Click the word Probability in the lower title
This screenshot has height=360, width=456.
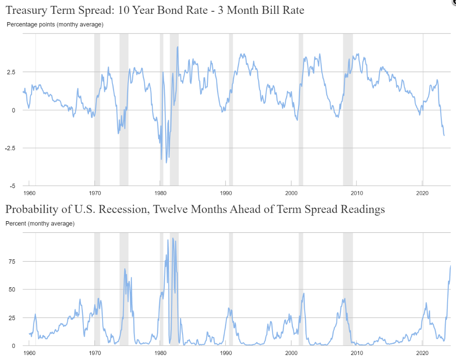[31, 209]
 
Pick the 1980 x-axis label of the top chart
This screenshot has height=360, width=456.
[160, 193]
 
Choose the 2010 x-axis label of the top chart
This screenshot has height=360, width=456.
[357, 193]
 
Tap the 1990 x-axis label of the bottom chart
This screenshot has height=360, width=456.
[226, 353]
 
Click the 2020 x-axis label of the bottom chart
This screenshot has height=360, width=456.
[423, 353]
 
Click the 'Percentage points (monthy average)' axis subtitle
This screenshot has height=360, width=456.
[55, 25]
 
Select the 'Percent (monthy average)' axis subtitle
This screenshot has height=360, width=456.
[40, 224]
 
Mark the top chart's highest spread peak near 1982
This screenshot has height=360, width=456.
[177, 47]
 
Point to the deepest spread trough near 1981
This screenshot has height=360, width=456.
[166, 162]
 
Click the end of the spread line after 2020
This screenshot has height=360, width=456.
[444, 135]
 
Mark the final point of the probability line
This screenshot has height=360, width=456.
[451, 266]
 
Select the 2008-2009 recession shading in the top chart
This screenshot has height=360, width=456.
[348, 109]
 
